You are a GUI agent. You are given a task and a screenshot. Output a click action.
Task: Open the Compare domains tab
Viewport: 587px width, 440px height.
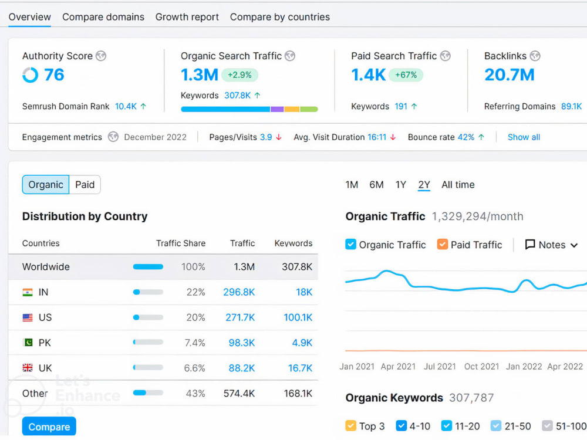(103, 17)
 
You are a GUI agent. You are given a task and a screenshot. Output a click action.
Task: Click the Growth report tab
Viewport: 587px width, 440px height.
(187, 17)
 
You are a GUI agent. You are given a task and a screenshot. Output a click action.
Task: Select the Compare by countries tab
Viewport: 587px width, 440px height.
(279, 17)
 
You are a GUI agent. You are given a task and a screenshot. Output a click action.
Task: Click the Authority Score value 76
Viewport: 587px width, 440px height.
(54, 75)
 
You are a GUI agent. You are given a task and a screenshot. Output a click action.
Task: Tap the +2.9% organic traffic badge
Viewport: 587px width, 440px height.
(239, 75)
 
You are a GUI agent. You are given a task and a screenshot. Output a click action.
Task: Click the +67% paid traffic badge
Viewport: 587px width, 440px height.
(406, 75)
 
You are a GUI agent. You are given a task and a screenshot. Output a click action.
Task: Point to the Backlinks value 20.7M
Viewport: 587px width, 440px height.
(509, 75)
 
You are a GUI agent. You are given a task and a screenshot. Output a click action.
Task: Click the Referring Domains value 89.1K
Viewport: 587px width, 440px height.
(571, 106)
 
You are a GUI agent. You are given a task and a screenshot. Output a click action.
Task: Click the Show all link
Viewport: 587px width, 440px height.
(524, 137)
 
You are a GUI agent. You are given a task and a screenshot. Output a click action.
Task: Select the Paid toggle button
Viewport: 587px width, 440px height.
(85, 184)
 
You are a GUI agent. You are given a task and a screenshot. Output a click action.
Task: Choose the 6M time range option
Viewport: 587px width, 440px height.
(376, 185)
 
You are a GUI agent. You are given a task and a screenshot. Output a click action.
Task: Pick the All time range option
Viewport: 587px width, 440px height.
(458, 185)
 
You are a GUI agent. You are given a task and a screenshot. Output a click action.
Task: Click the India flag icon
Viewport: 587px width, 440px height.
(28, 292)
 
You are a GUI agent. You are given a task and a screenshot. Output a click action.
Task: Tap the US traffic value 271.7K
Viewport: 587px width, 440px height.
(240, 317)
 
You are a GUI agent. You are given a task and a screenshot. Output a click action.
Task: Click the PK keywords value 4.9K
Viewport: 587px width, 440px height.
(302, 343)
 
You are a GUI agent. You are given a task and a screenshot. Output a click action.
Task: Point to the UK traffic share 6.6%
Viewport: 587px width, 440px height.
(195, 368)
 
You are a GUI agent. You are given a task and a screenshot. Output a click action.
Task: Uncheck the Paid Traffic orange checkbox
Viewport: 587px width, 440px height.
(443, 244)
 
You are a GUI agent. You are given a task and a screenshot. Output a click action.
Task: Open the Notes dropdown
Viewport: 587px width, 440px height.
(551, 245)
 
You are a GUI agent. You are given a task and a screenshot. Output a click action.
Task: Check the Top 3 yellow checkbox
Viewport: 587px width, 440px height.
(351, 426)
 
